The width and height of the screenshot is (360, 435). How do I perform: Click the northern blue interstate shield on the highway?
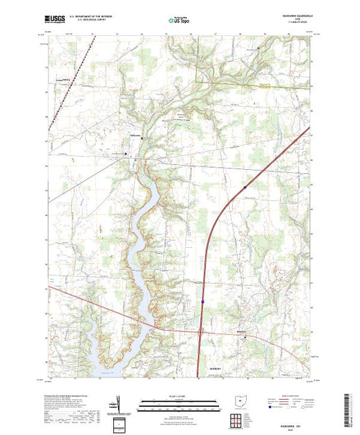pyautogui.click(x=245, y=186)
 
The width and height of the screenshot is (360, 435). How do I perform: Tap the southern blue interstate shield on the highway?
pyautogui.click(x=202, y=302)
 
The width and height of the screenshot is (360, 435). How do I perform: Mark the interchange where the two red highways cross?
pyautogui.click(x=201, y=332)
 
